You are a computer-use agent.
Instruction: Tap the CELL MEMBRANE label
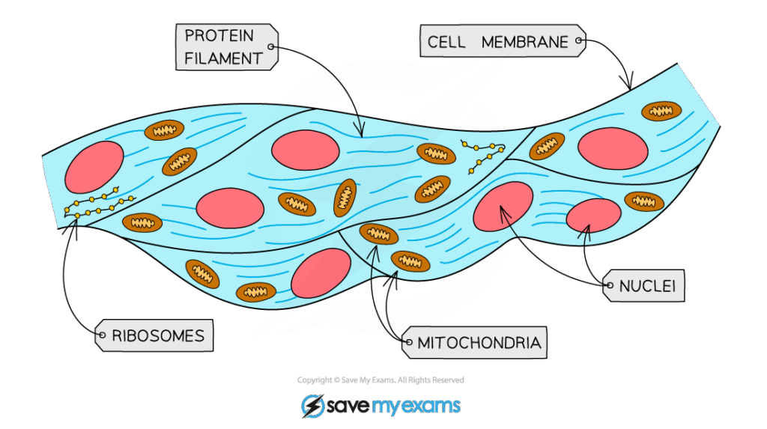point(498,42)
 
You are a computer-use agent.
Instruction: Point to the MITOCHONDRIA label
point(477,344)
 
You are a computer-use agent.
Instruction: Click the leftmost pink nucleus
point(94,166)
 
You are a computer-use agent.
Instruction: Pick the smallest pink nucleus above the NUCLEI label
point(593,216)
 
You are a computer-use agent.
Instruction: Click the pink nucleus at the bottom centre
point(321,273)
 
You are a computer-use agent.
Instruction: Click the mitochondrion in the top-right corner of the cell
point(661,111)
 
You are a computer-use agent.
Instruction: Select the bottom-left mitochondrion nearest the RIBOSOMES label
point(202,274)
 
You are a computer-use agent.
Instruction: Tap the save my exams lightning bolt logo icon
point(313,406)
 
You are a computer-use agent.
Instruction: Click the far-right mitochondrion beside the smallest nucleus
point(643,201)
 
